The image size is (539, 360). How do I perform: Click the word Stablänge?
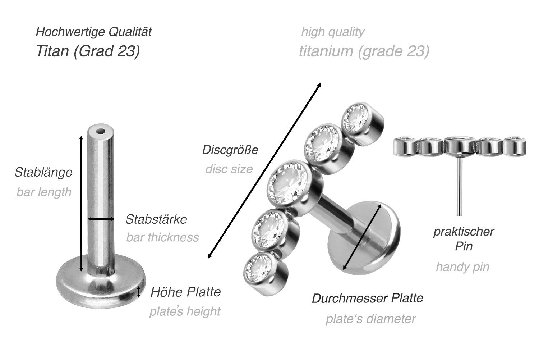[x=43, y=172]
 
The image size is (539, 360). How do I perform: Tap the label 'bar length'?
[x=44, y=192]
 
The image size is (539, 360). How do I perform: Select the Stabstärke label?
[x=156, y=219]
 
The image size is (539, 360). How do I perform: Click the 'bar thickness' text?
[x=163, y=237]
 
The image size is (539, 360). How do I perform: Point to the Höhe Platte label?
[x=185, y=292]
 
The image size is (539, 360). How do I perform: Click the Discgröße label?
[x=230, y=150]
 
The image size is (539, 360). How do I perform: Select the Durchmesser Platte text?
[x=368, y=298]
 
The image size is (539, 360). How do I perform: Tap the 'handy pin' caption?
[x=462, y=267]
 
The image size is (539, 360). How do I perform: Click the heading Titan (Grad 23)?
[x=88, y=51]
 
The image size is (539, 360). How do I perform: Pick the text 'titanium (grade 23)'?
[x=364, y=51]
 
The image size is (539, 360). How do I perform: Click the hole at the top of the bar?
[x=101, y=132]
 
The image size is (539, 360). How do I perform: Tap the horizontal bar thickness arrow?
[x=101, y=219]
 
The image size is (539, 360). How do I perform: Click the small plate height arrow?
[x=138, y=292]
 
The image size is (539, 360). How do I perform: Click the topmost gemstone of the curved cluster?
[x=355, y=118]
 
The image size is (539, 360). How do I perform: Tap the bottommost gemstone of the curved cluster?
[x=258, y=268]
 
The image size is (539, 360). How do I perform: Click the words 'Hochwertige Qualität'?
[x=93, y=32]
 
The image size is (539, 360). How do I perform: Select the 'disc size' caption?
[x=229, y=169]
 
